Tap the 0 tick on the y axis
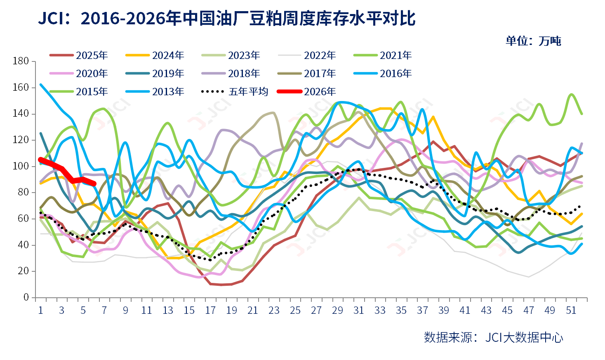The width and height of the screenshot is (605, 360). click(26, 297)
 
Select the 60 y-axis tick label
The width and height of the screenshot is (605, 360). click(23, 219)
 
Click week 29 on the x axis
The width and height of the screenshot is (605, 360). click(337, 310)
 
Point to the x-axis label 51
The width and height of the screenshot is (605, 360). click(571, 310)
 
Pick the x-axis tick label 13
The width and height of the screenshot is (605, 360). click(168, 310)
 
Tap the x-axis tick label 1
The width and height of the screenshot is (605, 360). click(40, 310)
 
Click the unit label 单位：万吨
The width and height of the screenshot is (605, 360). click(533, 41)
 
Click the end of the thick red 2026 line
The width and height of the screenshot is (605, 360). click(94, 184)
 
